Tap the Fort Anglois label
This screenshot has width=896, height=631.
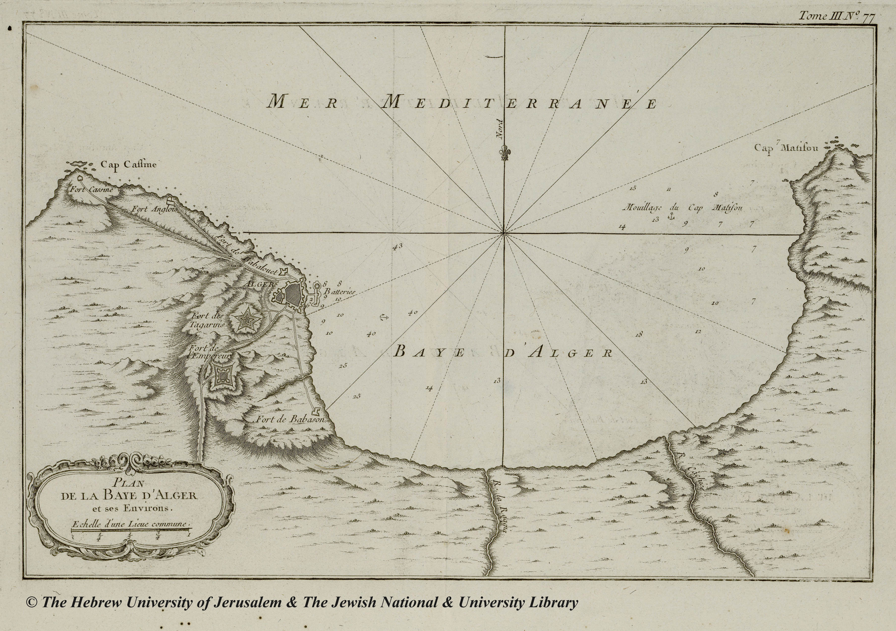coord(155,209)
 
